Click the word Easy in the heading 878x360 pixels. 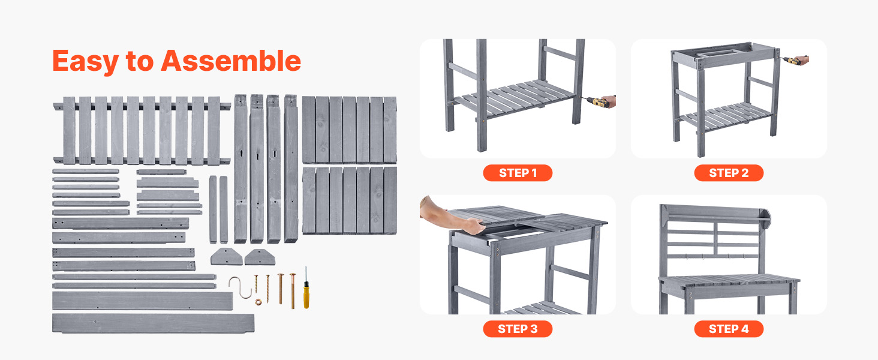tap(86, 62)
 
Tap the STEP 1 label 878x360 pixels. tap(518, 173)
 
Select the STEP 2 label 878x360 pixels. tap(729, 173)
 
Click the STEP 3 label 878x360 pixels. tap(518, 329)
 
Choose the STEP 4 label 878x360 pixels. tap(729, 329)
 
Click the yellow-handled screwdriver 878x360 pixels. tap(306, 288)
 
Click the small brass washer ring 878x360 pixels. tap(258, 302)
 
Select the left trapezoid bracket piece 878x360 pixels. tap(226, 256)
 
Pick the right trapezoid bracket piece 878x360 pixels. tap(260, 257)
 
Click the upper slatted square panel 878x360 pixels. tap(349, 130)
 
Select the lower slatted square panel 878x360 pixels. tap(349, 200)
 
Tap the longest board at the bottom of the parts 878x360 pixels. tap(154, 323)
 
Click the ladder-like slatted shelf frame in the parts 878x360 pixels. tap(142, 130)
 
